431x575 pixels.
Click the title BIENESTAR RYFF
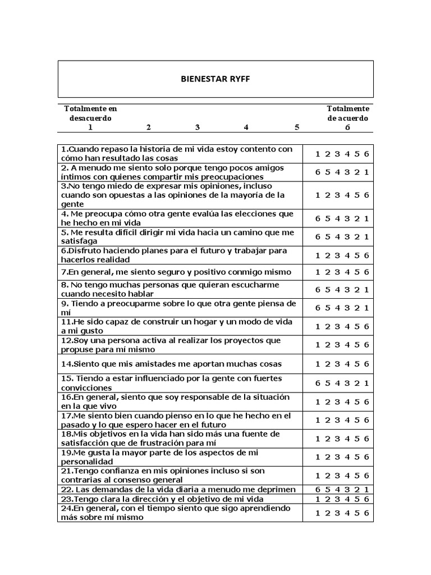coord(215,79)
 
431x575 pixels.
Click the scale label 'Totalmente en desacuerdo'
coord(90,113)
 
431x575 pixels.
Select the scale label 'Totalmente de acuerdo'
coord(348,113)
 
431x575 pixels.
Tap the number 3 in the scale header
coord(198,127)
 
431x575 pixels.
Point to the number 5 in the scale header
coord(297,127)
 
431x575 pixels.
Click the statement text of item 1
coord(177,154)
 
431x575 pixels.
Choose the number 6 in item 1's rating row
coord(366,154)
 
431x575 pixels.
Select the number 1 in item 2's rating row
coord(366,172)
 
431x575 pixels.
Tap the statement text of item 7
coord(176,272)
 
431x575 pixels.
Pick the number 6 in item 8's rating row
coord(318,290)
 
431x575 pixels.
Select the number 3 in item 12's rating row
coord(337,345)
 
